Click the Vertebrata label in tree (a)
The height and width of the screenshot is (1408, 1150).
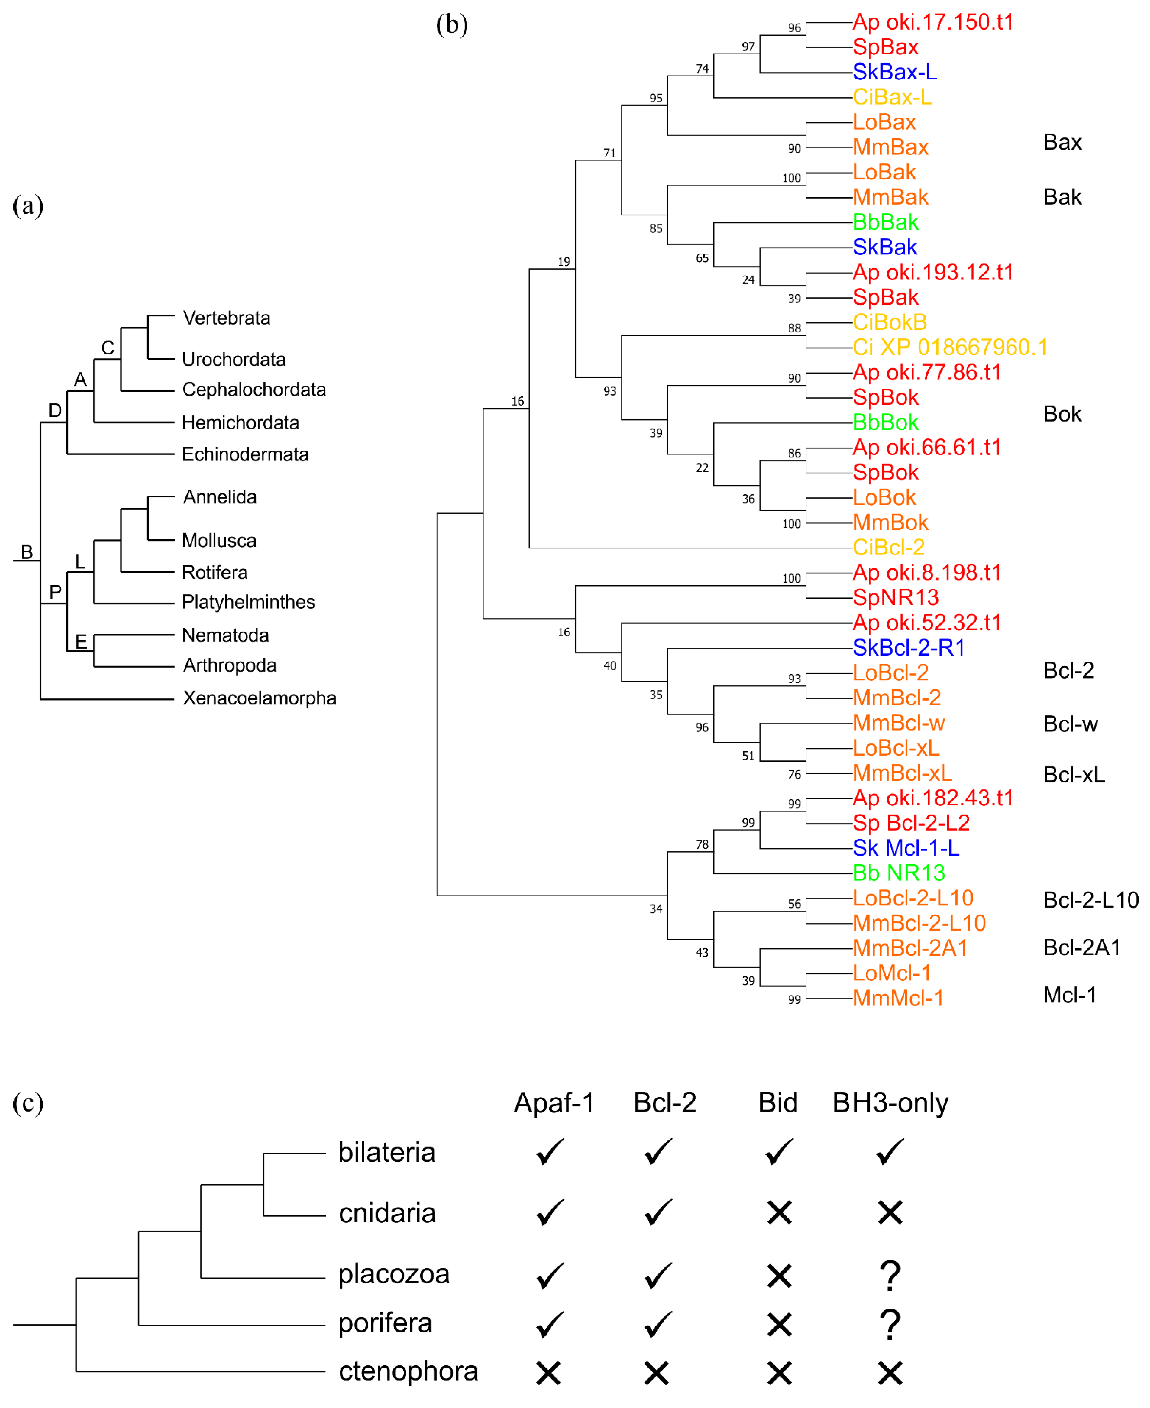pyautogui.click(x=227, y=318)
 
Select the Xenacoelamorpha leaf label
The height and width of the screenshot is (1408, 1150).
pyautogui.click(x=259, y=698)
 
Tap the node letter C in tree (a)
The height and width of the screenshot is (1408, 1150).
pyautogui.click(x=108, y=348)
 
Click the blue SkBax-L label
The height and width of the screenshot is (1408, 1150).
pyautogui.click(x=894, y=71)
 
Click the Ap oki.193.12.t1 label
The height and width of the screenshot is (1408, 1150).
pyautogui.click(x=933, y=272)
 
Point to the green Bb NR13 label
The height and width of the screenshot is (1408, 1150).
pyautogui.click(x=898, y=873)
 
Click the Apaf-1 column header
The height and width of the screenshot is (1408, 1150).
pyautogui.click(x=554, y=1103)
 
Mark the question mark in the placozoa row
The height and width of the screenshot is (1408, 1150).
pyautogui.click(x=890, y=1275)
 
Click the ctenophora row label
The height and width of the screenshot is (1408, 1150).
pyautogui.click(x=408, y=1371)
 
